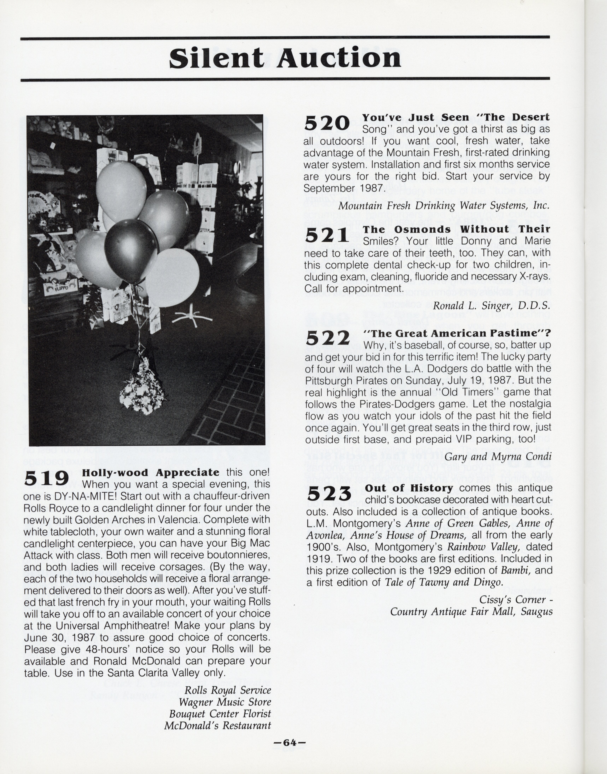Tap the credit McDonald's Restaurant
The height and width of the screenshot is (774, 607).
pos(218,726)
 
